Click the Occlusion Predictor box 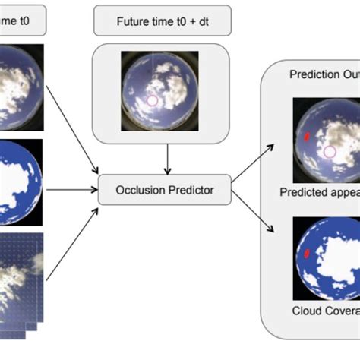click(165, 190)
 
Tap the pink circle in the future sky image click(152, 100)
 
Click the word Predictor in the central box click(189, 190)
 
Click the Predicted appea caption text click(320, 192)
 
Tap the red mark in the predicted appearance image click(307, 137)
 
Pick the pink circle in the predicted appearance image click(330, 152)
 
